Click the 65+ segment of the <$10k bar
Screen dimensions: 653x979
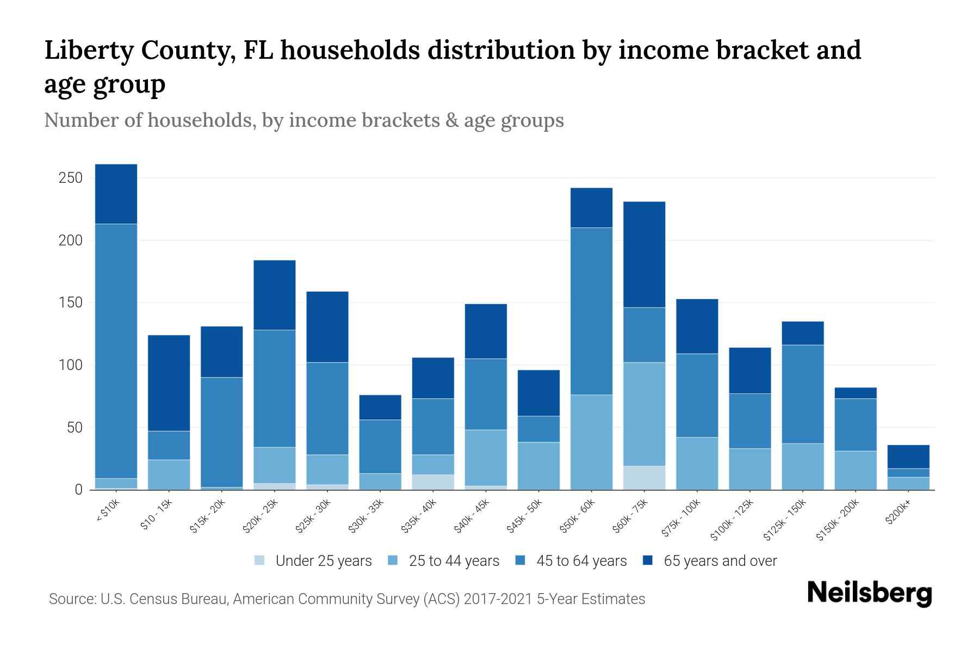pyautogui.click(x=116, y=194)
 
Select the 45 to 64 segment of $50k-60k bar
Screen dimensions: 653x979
pyautogui.click(x=591, y=311)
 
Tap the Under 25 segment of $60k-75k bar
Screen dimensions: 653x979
pyautogui.click(x=644, y=478)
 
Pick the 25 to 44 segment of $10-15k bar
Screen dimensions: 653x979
pyautogui.click(x=169, y=475)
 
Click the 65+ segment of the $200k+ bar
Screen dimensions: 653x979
pyautogui.click(x=908, y=457)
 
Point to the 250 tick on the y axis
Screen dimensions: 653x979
pyautogui.click(x=71, y=178)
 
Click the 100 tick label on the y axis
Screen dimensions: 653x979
pyautogui.click(x=71, y=365)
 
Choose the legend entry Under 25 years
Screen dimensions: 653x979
pyautogui.click(x=323, y=561)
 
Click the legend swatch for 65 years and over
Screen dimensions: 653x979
pyautogui.click(x=648, y=560)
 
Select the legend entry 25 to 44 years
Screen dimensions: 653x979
pyautogui.click(x=454, y=561)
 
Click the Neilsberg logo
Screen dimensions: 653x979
pyautogui.click(x=869, y=593)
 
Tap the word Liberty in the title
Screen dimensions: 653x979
pyautogui.click(x=89, y=51)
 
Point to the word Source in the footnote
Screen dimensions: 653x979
pyautogui.click(x=71, y=599)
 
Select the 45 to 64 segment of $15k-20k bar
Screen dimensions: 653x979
pyautogui.click(x=222, y=432)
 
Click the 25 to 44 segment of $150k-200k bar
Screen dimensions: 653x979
pyautogui.click(x=856, y=470)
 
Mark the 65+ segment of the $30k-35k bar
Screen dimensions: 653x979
pyautogui.click(x=380, y=407)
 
